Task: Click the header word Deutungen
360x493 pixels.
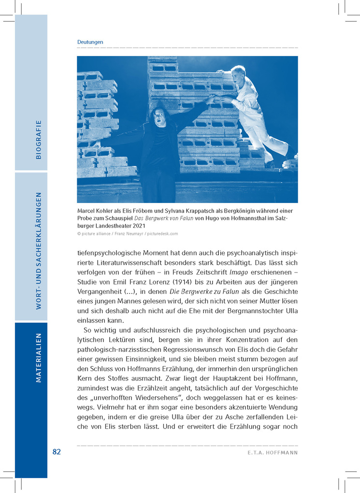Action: point(90,42)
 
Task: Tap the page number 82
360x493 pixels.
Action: point(57,452)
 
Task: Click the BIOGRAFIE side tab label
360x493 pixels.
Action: point(39,140)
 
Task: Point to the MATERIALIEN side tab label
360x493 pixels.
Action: point(39,358)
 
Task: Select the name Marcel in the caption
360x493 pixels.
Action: point(87,211)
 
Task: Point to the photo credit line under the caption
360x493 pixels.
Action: point(128,233)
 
